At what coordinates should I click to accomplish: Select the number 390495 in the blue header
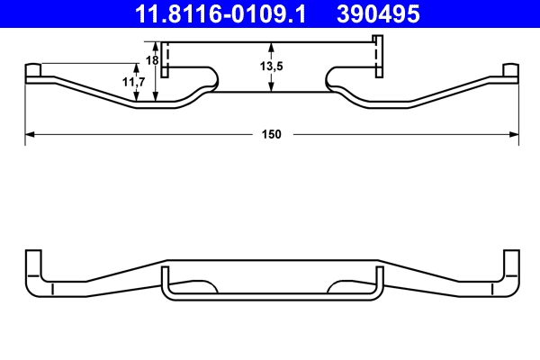click(378, 13)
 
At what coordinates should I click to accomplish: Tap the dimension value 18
click(151, 59)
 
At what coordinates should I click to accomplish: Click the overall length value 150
click(272, 134)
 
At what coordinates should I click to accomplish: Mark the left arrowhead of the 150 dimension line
click(29, 134)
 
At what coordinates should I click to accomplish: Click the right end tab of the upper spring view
click(509, 71)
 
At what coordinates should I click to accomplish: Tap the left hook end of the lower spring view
click(32, 270)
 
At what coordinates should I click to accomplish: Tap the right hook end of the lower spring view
click(511, 270)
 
